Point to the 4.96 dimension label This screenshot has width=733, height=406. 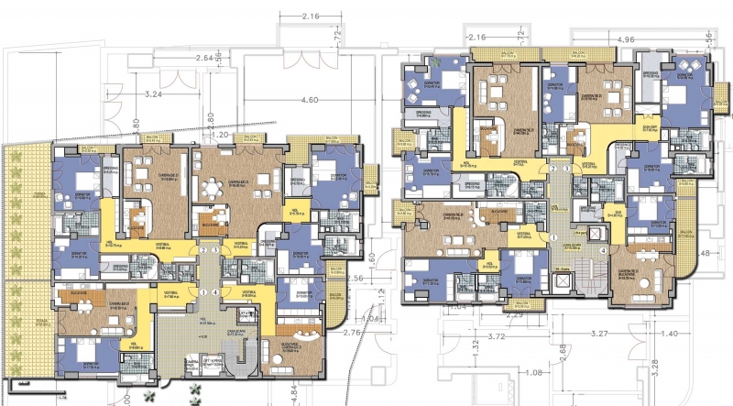click(x=627, y=39)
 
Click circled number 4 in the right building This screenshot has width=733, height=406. click(x=603, y=250)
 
